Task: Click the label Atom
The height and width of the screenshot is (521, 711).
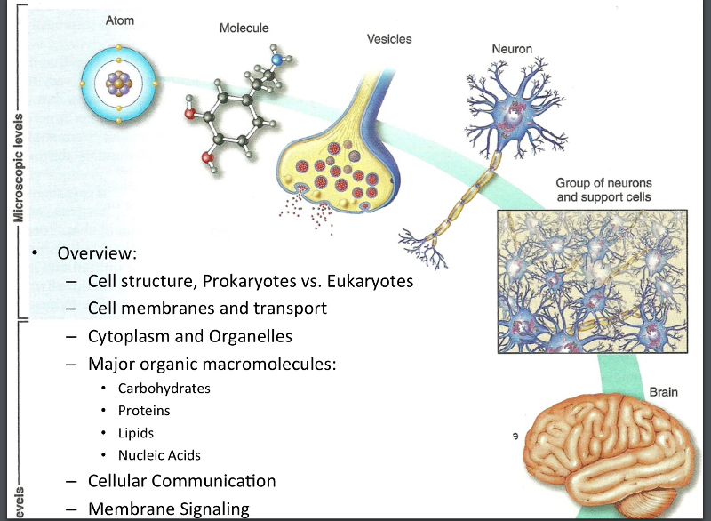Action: tap(120, 20)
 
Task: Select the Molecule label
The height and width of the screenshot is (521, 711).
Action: tap(244, 28)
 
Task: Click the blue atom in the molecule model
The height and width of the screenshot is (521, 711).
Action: tap(280, 60)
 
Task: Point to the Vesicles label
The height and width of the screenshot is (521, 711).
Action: tap(389, 39)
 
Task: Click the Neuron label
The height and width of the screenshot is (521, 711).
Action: tap(512, 49)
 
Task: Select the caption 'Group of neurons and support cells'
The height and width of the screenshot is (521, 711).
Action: tap(603, 189)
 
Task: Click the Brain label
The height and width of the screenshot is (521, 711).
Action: tap(665, 391)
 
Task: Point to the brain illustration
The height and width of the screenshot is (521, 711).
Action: tap(613, 453)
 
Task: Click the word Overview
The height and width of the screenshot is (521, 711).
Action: tap(97, 253)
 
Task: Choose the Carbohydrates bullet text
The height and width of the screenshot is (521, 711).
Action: tap(164, 389)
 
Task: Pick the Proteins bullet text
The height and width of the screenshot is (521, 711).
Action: tap(144, 411)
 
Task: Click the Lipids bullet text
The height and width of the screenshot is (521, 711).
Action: tap(136, 433)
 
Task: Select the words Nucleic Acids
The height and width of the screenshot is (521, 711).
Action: tap(159, 455)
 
